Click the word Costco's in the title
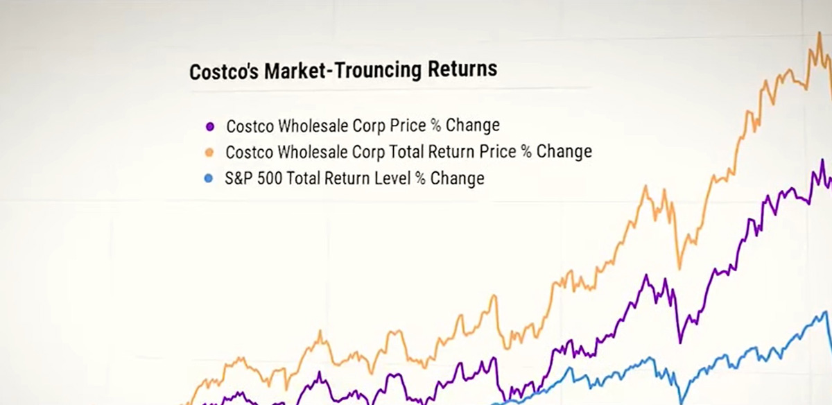point(223,71)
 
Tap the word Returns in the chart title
point(462,69)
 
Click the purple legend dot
point(210,127)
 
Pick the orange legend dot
point(209,153)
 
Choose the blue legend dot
point(209,179)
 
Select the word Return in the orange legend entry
point(451,152)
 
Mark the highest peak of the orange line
point(820,33)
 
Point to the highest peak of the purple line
point(822,160)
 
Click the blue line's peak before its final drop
point(826,313)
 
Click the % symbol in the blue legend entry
point(420,178)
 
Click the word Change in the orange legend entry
point(564,152)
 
